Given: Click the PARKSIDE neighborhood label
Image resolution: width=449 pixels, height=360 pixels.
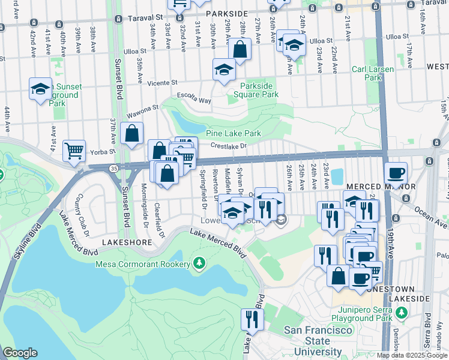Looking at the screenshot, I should point(226,13).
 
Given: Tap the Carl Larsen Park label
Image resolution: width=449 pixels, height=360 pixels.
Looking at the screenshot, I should point(373,73).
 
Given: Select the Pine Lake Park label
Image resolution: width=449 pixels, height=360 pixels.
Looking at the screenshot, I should point(234,133).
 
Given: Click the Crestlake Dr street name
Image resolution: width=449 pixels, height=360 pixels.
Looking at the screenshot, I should point(229,145).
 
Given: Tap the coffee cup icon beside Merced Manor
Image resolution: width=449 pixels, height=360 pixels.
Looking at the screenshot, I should point(396,173).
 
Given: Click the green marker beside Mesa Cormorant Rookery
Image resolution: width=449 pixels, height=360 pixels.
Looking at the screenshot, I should point(199,263).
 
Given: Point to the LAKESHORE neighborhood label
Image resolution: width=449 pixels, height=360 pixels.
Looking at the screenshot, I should point(124,242).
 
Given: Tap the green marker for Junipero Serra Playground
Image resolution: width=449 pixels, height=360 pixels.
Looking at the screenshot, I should point(402,313).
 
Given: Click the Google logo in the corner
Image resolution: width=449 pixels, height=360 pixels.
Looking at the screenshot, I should point(20,353).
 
